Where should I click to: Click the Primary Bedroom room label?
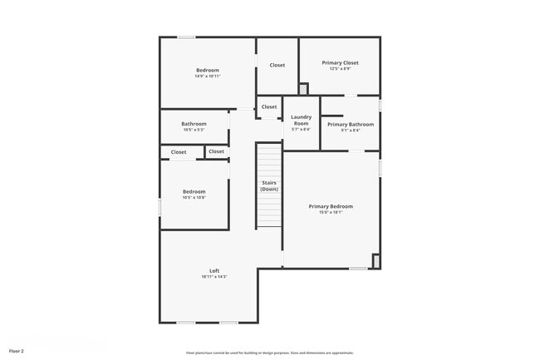[x=331, y=206]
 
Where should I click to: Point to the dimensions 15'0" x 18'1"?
[x=331, y=212]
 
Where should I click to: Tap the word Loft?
[x=214, y=270]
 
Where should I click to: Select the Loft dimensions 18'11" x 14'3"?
[x=214, y=277]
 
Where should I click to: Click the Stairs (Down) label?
[x=269, y=185]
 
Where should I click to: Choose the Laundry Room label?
[x=301, y=121]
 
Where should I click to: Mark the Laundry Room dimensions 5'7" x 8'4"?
[x=301, y=130]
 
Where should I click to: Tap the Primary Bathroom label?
[x=350, y=124]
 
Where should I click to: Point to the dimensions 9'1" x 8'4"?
[x=350, y=130]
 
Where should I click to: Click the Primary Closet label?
[x=340, y=62]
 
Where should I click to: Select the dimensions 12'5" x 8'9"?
[x=340, y=69]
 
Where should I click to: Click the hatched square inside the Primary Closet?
[x=303, y=88]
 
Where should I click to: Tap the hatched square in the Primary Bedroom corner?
[x=376, y=261]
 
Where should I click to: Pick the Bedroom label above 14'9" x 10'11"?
[x=208, y=70]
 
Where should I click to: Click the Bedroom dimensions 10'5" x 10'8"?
[x=194, y=198]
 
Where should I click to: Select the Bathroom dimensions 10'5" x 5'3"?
[x=194, y=130]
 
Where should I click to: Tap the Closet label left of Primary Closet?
[x=277, y=65]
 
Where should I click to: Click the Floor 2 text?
[x=17, y=351]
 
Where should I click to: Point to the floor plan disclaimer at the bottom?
[x=269, y=353]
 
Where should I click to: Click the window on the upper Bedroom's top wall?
[x=186, y=37]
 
